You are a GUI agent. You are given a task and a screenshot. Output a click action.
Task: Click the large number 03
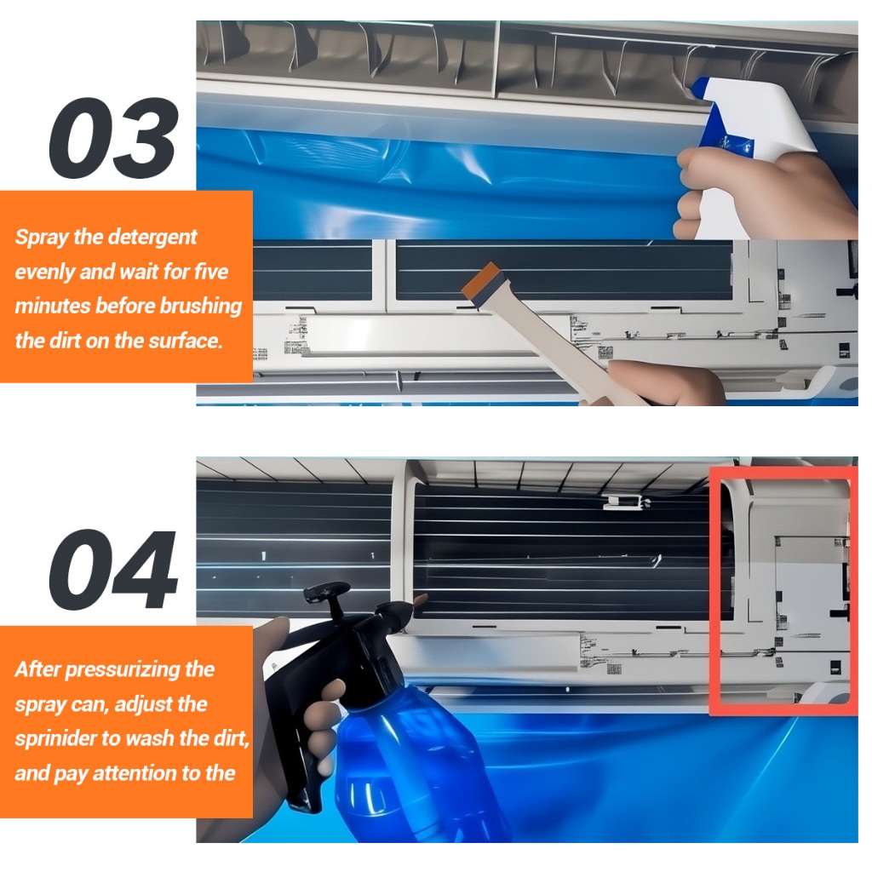pyautogui.click(x=114, y=137)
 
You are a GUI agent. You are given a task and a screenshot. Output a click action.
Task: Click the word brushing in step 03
pyautogui.click(x=201, y=307)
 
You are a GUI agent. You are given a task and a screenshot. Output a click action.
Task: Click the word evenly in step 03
pyautogui.click(x=44, y=272)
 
